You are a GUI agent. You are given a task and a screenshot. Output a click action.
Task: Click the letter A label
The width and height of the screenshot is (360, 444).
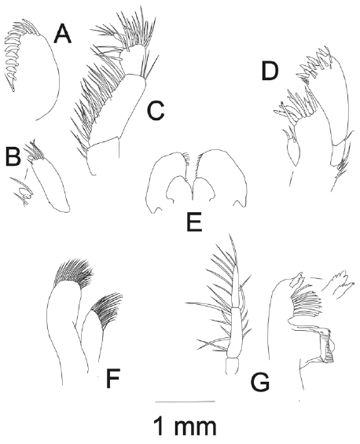point(63,34)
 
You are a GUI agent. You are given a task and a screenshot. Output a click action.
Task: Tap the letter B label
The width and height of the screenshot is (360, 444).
point(13,156)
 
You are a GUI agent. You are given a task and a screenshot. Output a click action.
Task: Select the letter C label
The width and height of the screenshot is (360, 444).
point(156,111)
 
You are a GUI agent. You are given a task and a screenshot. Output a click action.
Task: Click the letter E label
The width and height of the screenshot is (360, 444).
point(194,222)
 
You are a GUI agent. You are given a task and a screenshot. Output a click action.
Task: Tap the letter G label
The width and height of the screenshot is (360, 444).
point(260,382)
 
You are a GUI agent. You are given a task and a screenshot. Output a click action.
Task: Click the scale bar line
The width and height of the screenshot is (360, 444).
point(186,402)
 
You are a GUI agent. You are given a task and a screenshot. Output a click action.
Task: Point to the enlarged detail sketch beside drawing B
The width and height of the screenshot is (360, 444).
point(22,191)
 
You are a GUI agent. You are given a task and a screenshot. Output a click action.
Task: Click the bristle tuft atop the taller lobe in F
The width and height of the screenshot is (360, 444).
point(74,273)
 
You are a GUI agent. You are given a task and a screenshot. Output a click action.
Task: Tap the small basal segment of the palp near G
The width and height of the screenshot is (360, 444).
point(233,366)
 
